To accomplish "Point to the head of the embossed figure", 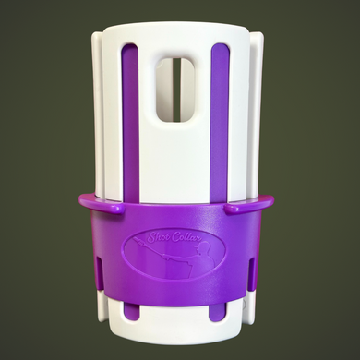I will (x=208, y=249).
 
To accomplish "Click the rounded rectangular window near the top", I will (x=175, y=90).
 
